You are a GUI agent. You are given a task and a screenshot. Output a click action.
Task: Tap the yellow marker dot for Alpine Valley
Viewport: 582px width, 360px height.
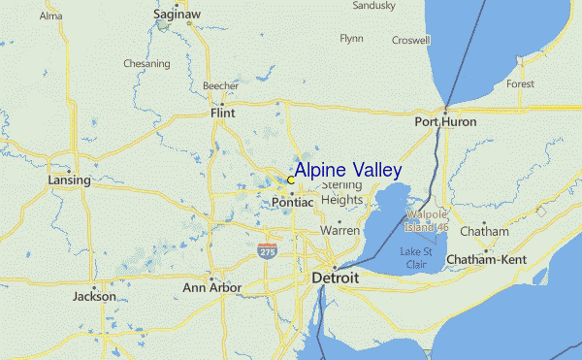[x=290, y=180]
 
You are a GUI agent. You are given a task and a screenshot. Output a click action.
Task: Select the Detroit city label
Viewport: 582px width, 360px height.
[x=335, y=278]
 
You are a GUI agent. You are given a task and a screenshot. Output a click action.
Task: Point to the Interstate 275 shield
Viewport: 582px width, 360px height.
[x=266, y=251]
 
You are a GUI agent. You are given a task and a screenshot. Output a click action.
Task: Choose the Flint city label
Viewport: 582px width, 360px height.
[x=222, y=114]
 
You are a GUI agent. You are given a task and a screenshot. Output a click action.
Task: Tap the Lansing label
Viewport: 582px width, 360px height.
[x=69, y=180]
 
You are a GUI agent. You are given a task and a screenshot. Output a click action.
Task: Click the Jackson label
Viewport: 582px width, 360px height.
[x=94, y=297]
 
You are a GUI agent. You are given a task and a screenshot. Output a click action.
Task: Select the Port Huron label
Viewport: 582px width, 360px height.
[x=445, y=122]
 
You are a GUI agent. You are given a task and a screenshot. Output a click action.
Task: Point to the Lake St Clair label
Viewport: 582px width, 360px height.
[x=418, y=256]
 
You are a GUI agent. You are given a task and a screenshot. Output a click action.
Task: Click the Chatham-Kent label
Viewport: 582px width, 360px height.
[x=485, y=259]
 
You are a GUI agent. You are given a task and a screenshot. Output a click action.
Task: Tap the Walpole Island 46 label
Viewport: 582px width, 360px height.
[x=428, y=220]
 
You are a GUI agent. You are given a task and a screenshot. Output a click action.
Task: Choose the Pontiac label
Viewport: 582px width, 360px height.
[x=292, y=203]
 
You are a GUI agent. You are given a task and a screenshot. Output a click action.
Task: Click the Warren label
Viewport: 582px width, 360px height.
[x=340, y=232]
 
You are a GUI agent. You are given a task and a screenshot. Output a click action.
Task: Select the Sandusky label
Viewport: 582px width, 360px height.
[x=373, y=6]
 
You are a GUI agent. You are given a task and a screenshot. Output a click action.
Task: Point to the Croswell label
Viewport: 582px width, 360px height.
[x=410, y=40]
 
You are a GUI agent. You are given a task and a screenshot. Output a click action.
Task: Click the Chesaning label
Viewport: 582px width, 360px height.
[x=146, y=64]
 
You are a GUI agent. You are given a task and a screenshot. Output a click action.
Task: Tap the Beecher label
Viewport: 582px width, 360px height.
[x=220, y=86]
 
